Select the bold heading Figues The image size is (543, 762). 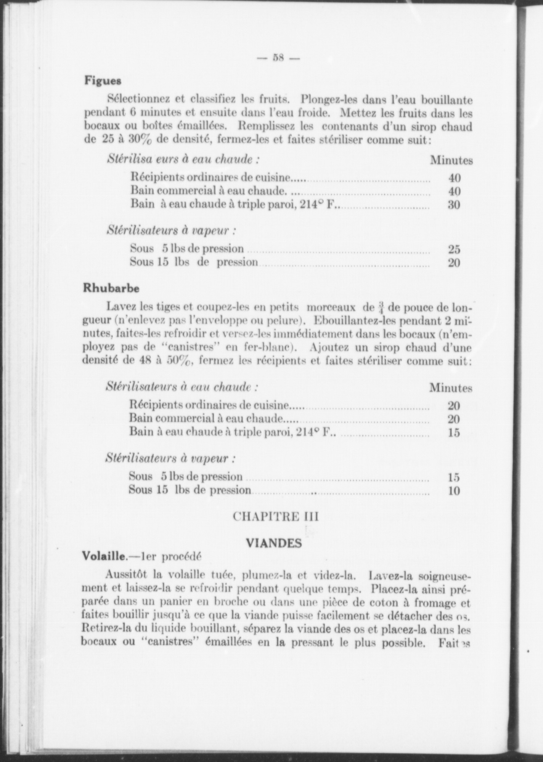[103, 81]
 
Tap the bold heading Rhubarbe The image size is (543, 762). [111, 288]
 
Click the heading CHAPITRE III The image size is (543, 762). [275, 517]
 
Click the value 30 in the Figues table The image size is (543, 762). [454, 205]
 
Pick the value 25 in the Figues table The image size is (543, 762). [454, 250]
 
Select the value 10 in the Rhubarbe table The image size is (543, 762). [454, 491]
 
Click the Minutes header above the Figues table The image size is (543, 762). [451, 160]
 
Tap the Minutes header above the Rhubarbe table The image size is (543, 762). [451, 388]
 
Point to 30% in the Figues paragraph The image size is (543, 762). [140, 140]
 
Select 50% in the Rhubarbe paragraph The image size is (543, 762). [178, 362]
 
